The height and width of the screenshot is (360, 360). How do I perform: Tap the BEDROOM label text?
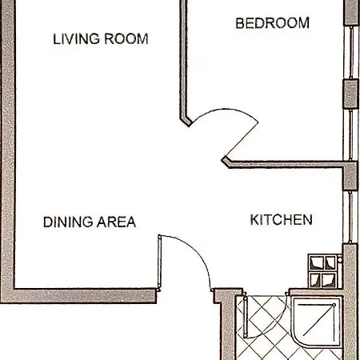pos(272,23)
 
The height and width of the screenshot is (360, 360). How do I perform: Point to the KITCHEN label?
pos(281,219)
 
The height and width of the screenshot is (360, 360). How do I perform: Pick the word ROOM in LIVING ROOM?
pos(126,39)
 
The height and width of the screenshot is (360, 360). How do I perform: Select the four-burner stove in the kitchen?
pos(325,271)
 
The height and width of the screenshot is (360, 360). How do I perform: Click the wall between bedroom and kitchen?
pos(288,166)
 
